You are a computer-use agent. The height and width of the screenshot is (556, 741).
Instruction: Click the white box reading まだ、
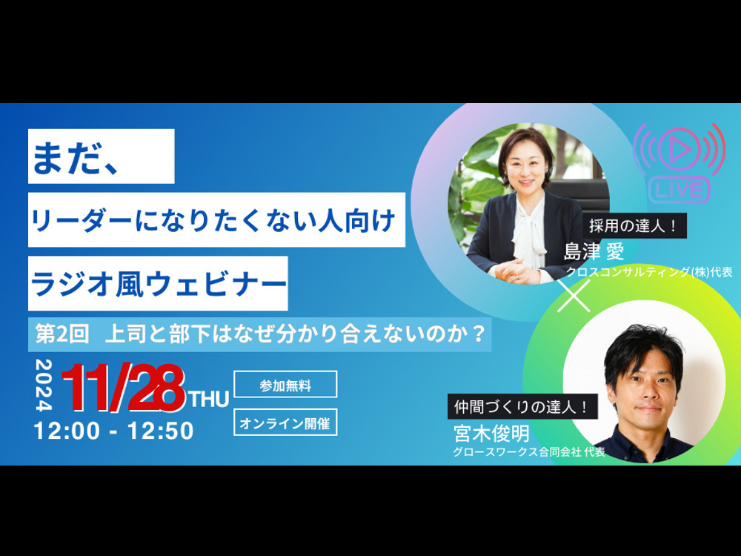coord(101,156)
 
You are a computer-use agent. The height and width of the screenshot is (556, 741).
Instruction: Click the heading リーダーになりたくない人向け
coord(216,220)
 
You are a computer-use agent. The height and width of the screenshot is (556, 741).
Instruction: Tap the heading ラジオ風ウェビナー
coord(158,284)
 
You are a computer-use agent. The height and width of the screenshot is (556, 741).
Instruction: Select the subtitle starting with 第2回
coord(260,334)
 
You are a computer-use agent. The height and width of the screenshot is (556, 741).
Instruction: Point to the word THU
coord(209,400)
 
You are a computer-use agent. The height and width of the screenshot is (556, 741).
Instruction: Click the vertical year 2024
coord(44,385)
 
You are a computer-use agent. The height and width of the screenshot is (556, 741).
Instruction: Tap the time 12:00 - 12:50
coord(114,431)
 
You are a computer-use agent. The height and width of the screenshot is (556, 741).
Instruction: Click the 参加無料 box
coord(285,384)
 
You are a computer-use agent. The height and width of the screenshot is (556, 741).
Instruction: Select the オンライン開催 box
coord(285,423)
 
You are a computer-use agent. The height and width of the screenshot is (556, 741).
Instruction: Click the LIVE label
coord(679,190)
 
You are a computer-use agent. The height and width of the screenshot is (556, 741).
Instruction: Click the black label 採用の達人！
coord(634,226)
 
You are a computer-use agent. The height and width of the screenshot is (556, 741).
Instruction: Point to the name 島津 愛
coord(594,251)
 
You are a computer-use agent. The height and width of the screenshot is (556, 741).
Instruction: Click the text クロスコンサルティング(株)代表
coord(649,272)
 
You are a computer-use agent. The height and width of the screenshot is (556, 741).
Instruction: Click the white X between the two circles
coord(574,296)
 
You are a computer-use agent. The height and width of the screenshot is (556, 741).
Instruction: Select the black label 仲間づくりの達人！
coord(522,406)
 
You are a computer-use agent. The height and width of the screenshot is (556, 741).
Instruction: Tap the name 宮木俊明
coord(491,433)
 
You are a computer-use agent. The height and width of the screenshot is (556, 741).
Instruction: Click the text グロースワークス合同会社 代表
coord(529,451)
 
